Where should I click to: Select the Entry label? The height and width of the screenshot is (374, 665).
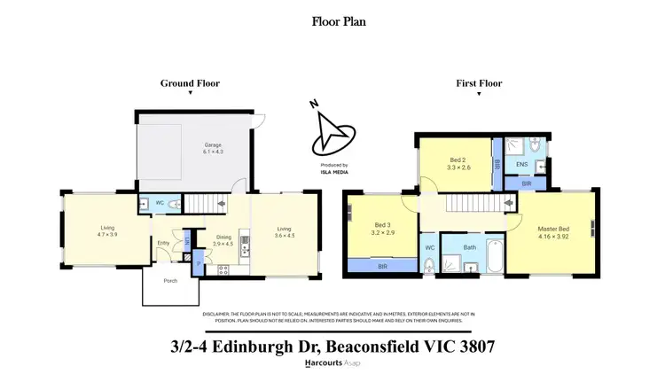pyautogui.click(x=164, y=243)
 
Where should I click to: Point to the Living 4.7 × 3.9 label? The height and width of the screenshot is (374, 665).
pyautogui.click(x=107, y=231)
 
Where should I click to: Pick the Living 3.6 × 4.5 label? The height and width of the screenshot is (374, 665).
pyautogui.click(x=284, y=231)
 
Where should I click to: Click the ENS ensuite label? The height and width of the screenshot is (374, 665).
pyautogui.click(x=522, y=164)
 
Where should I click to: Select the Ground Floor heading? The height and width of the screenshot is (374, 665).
pyautogui.click(x=190, y=83)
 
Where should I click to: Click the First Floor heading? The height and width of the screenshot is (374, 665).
pyautogui.click(x=479, y=83)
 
